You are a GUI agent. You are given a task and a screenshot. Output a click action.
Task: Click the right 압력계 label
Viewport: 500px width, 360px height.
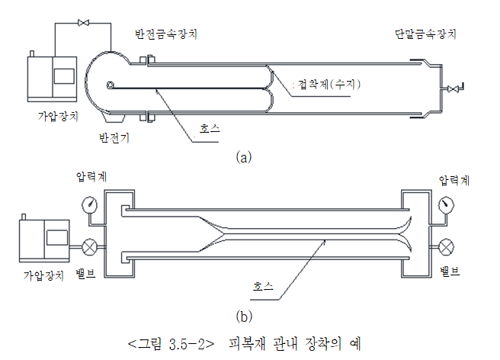454,180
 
